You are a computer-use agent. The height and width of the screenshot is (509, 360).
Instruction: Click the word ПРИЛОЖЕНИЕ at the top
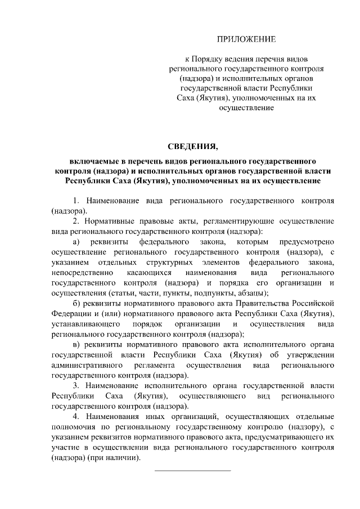247,39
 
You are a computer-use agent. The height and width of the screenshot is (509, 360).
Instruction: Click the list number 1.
75,201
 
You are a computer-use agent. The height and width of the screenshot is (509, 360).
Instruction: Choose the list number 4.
75,416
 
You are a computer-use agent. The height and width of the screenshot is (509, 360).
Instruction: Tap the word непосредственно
83,273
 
